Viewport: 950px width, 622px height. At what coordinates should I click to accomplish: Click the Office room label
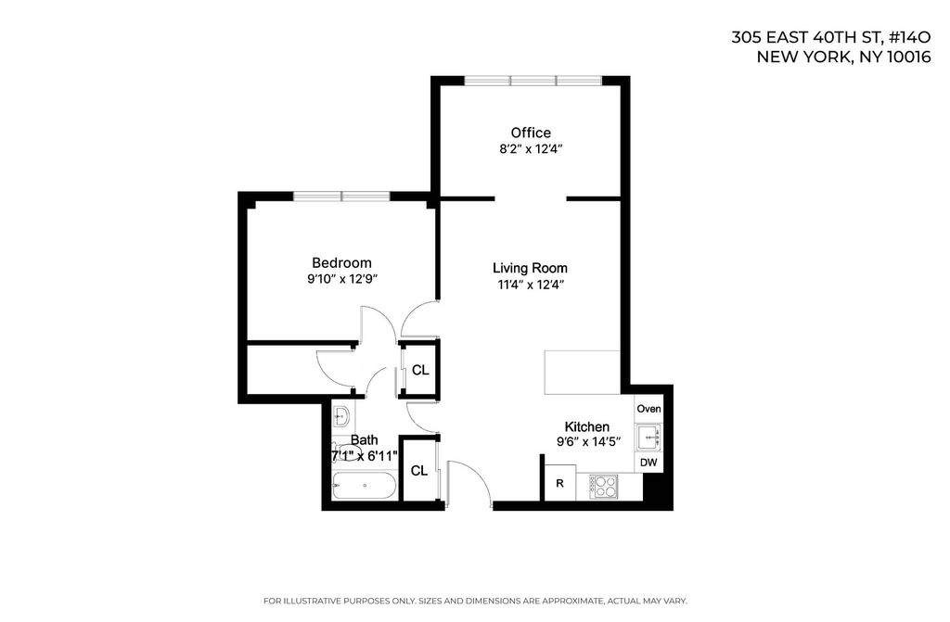(x=531, y=133)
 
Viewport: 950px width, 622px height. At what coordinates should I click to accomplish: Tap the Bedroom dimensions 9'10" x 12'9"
(x=342, y=279)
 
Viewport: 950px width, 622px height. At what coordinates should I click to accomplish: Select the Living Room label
(x=530, y=268)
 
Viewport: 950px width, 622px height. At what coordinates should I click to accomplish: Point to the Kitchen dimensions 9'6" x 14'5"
(x=588, y=442)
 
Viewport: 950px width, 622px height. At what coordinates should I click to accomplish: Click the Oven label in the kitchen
(x=648, y=409)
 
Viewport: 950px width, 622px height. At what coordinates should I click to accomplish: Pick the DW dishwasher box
(x=648, y=463)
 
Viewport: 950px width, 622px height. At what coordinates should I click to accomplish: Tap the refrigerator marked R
(x=560, y=483)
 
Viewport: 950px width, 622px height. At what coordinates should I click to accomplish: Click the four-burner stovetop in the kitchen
(x=603, y=486)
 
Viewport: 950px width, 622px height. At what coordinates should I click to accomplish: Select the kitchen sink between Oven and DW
(x=648, y=437)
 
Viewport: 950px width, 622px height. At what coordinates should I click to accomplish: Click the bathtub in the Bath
(x=365, y=486)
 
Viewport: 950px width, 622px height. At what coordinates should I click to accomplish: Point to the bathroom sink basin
(x=341, y=417)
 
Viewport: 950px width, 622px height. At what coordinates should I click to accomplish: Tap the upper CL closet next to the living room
(x=420, y=370)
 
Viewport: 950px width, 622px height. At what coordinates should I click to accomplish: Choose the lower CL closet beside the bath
(x=419, y=470)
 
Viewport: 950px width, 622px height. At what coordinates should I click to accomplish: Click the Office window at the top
(x=533, y=81)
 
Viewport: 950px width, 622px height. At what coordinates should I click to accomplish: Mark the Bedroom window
(x=341, y=197)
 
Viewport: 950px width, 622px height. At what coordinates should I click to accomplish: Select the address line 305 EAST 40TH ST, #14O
(x=830, y=38)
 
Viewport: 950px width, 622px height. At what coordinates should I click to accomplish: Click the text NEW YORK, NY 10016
(x=843, y=57)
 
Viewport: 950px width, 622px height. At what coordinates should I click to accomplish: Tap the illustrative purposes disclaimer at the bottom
(x=475, y=601)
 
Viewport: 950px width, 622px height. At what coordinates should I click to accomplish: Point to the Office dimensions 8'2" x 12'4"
(x=532, y=149)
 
